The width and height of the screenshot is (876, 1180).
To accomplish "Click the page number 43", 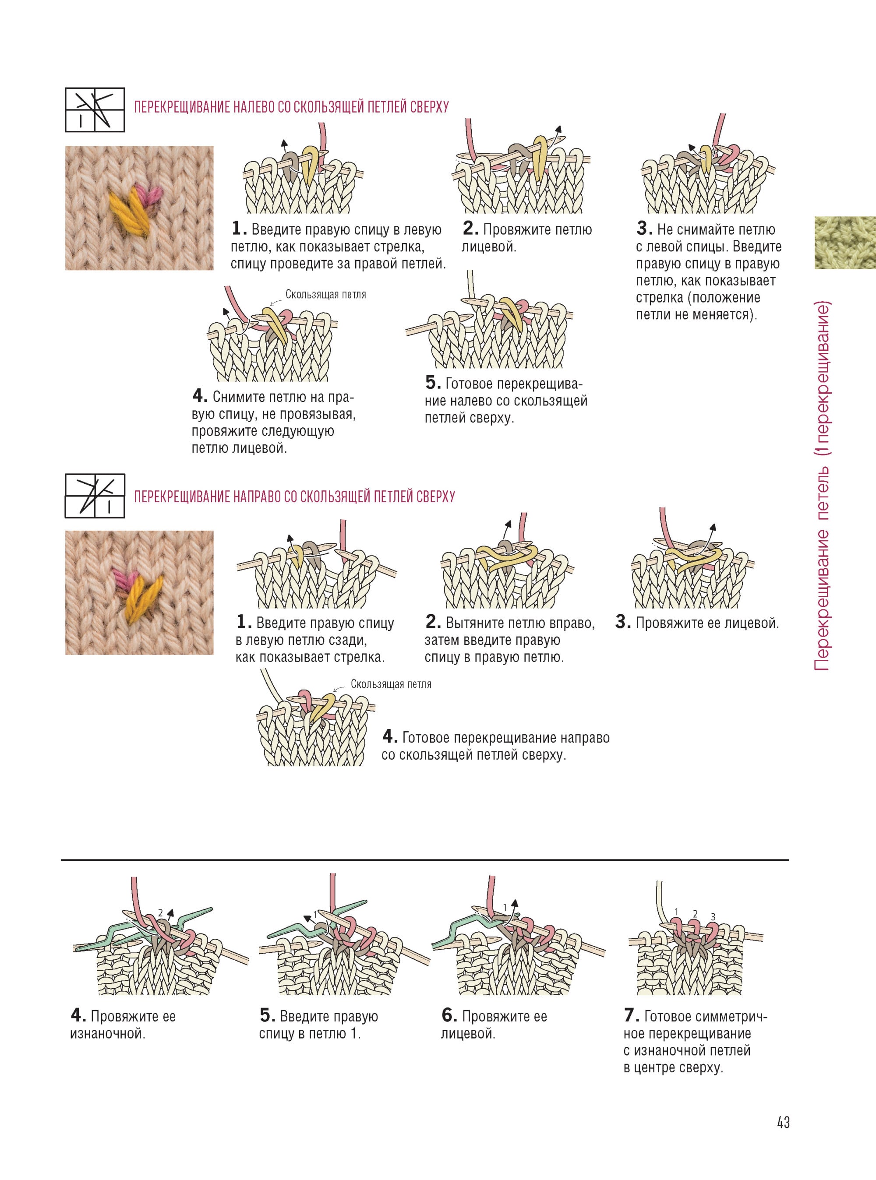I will click(783, 1122).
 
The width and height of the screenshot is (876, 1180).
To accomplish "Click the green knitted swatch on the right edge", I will click(845, 242).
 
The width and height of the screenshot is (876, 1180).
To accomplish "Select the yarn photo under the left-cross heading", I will click(139, 208).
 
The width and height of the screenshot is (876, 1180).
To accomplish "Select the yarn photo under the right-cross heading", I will click(139, 593).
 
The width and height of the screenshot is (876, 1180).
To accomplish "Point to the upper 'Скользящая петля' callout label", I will click(325, 295).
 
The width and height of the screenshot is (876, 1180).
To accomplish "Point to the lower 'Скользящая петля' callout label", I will click(391, 684).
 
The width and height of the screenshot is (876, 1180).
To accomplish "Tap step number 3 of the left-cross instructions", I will click(644, 229).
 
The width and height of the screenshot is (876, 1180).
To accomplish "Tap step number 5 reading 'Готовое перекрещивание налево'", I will click(433, 382).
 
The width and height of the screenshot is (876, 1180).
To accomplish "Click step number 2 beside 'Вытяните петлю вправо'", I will click(433, 621).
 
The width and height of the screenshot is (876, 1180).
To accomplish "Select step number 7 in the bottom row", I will click(631, 1015).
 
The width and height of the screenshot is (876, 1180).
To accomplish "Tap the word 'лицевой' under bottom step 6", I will click(468, 1033).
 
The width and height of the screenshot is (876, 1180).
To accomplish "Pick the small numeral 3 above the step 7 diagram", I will click(713, 916).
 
